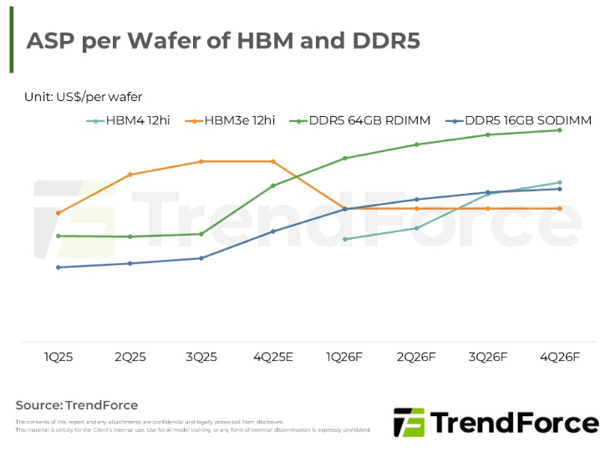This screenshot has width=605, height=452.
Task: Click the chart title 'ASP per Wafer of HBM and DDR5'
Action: click(x=223, y=42)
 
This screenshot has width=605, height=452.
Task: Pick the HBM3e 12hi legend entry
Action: click(x=239, y=121)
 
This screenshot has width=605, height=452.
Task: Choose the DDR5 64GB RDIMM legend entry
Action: click(x=369, y=121)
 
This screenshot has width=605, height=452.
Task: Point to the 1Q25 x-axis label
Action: click(x=58, y=357)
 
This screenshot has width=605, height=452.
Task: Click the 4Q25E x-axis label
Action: click(x=273, y=357)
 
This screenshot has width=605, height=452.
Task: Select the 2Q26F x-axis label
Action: click(x=416, y=357)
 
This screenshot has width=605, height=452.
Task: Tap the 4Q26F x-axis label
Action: click(x=559, y=357)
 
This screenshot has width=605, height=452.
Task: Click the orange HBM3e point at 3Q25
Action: click(x=201, y=161)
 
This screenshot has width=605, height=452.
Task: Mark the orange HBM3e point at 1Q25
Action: click(x=58, y=213)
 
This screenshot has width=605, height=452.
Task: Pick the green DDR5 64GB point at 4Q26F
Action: click(x=559, y=130)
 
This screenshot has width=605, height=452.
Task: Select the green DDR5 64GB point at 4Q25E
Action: click(x=273, y=185)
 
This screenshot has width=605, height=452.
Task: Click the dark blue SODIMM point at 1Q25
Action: click(x=58, y=267)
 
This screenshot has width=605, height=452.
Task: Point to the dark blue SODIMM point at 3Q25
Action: click(x=201, y=258)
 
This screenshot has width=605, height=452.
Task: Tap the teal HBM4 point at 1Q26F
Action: click(x=345, y=239)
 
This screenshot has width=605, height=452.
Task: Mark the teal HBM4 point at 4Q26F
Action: click(x=559, y=182)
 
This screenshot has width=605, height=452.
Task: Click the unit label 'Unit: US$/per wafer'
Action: click(x=83, y=97)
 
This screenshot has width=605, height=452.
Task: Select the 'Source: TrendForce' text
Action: click(x=76, y=405)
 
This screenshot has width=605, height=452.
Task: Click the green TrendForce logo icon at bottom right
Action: click(x=409, y=422)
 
